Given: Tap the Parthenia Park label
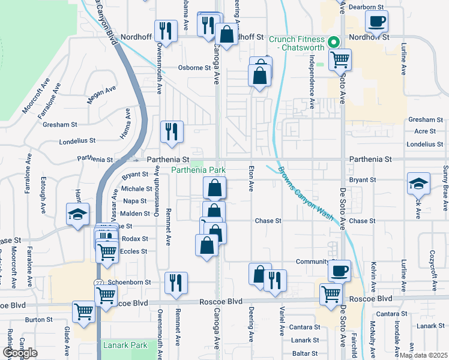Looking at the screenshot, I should pos(199,170).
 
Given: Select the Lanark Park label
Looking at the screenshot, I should pos(125,346).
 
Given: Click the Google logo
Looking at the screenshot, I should pos(20,353).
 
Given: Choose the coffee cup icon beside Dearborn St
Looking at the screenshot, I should pos(376,22).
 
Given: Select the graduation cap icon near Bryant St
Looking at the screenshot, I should pos(418,182).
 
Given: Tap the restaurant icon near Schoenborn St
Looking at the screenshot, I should pos(175,282).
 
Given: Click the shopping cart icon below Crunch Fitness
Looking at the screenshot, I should pos(340,59).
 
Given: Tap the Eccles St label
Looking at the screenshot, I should pos(134,251).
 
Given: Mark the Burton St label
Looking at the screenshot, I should pos(39,320).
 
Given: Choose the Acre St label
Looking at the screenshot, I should pos(425,131).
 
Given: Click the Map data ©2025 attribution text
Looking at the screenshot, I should pos(424,355).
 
